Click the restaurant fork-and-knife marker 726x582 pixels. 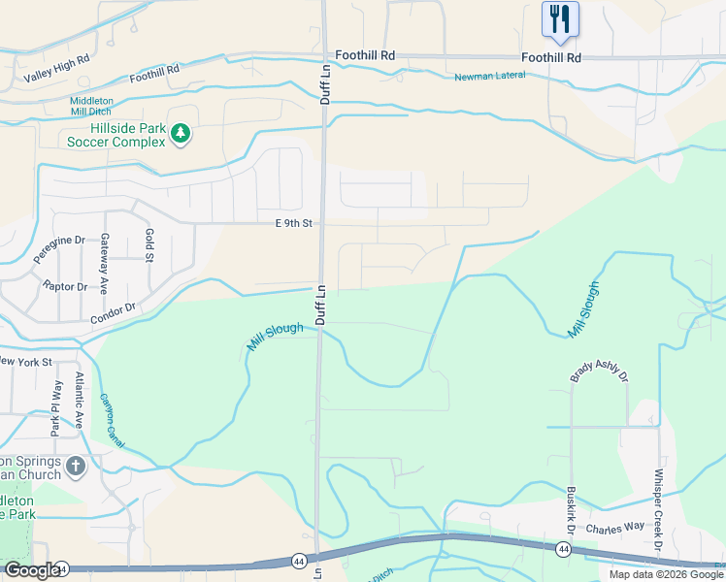point(560,19)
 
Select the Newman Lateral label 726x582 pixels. point(494,78)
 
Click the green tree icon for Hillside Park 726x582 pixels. point(180,134)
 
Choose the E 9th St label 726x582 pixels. point(294,223)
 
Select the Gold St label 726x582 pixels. point(148,245)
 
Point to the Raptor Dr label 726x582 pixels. point(65,287)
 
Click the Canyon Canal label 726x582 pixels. point(115,425)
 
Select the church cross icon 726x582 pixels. point(76,467)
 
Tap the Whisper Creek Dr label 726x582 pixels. point(658,510)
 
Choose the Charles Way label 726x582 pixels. point(614,529)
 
